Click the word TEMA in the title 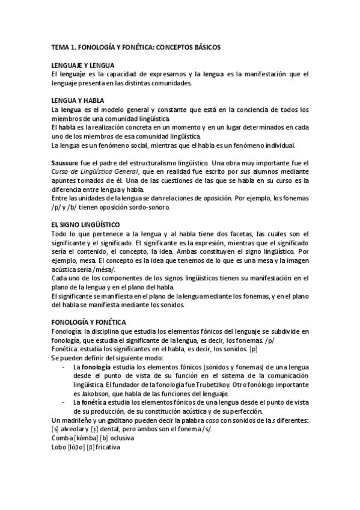point(61,46)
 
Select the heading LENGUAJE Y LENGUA point(84,65)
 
